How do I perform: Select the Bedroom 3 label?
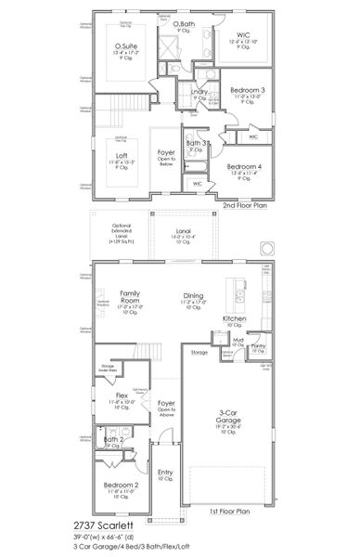tap(247, 90)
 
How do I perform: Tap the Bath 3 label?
tap(195, 143)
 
